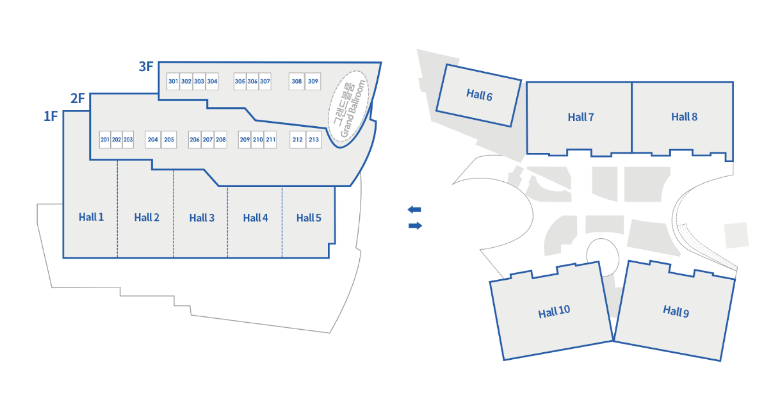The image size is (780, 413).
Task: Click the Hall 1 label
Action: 91,217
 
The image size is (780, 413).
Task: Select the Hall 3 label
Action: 202,218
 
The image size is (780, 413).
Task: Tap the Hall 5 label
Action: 309,218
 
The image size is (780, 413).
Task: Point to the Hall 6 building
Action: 479,95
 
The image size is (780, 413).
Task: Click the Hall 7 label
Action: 581,117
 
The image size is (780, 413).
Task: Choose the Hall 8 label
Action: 684,117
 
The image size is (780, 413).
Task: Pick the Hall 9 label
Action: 676,311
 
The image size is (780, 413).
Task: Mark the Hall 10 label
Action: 554,312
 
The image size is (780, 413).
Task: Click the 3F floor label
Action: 146,66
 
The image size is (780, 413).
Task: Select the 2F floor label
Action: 77,98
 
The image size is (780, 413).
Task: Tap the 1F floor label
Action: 51,117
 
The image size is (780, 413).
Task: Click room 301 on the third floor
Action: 173,81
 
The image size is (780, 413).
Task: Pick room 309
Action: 313,81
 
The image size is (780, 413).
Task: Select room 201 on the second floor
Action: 105,140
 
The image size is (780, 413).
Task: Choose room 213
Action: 314,140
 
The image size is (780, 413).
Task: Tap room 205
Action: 169,140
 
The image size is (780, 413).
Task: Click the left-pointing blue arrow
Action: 414,209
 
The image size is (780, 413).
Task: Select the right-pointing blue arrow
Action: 415,225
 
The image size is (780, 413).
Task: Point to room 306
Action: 252,81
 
